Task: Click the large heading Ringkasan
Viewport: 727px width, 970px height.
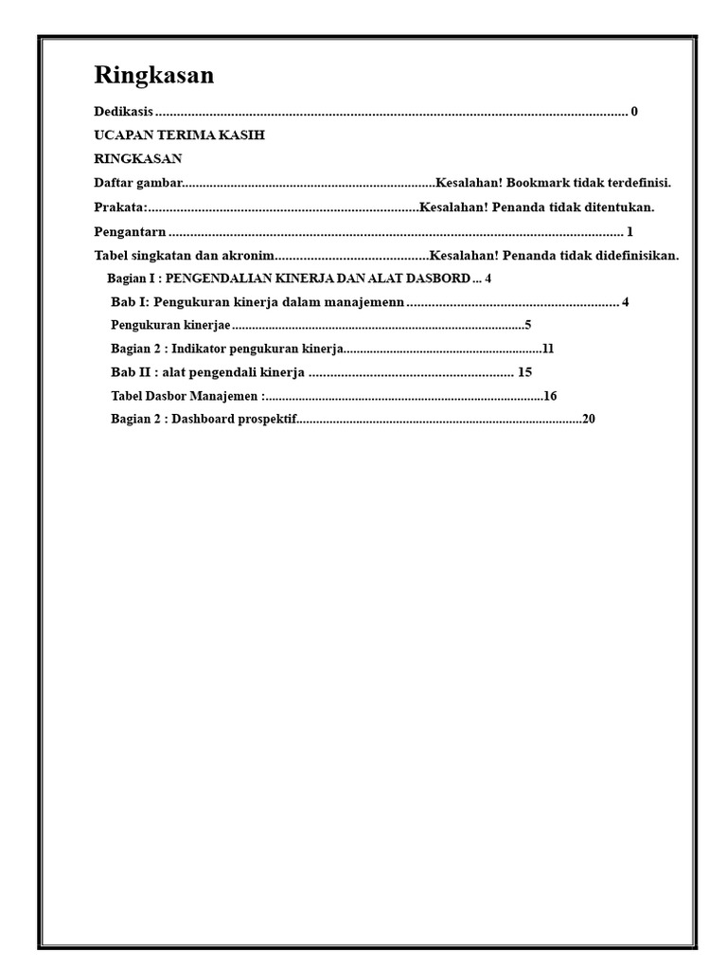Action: tap(154, 76)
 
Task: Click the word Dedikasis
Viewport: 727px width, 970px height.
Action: tap(124, 112)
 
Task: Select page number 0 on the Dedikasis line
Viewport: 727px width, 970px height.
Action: tap(634, 112)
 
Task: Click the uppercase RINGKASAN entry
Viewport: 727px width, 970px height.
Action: tap(138, 158)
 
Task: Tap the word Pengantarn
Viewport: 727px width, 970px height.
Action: tap(131, 232)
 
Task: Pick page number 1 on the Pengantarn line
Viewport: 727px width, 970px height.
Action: tap(629, 232)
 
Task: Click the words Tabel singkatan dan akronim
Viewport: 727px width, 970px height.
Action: tap(184, 256)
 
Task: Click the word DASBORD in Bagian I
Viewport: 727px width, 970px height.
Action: tap(440, 278)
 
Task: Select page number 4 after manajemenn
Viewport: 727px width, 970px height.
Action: tap(626, 302)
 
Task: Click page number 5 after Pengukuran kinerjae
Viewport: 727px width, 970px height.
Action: tap(527, 325)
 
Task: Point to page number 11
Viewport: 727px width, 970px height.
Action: tap(547, 349)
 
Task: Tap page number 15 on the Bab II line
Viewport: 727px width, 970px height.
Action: tap(525, 372)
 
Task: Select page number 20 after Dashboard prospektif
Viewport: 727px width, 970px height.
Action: tap(589, 419)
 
